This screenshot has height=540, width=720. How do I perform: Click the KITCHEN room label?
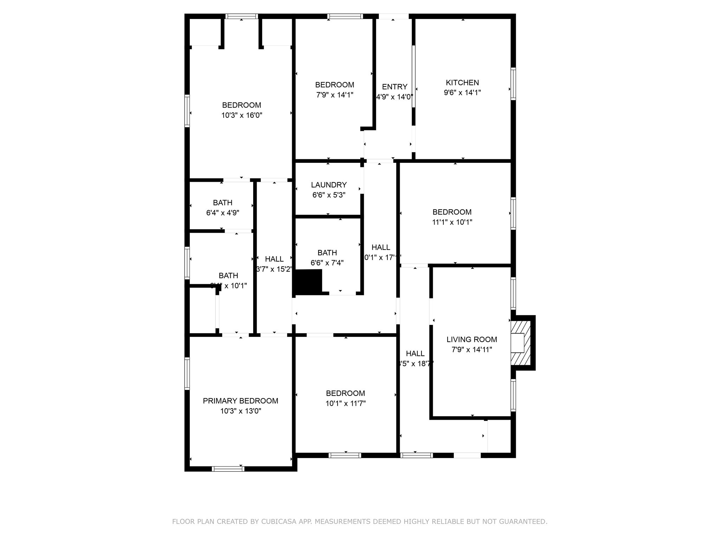(462, 83)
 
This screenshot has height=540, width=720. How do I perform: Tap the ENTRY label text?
(394, 87)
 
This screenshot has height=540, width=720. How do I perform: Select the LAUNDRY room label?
(329, 185)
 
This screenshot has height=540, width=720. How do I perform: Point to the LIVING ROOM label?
(472, 340)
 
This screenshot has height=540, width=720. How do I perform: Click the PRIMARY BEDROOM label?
(240, 401)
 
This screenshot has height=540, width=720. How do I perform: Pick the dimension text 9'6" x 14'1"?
(462, 93)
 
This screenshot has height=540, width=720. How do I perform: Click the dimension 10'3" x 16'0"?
(242, 115)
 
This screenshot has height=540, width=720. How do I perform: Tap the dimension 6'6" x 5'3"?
(329, 195)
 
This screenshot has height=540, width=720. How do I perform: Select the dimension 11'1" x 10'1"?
(452, 222)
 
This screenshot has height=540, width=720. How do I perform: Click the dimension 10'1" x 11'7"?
(346, 404)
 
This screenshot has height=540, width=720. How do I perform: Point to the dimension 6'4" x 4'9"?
(223, 213)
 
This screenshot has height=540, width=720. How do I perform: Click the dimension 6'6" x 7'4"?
(327, 263)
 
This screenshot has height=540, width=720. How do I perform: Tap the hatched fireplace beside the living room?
(522, 343)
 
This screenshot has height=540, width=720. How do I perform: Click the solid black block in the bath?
(309, 281)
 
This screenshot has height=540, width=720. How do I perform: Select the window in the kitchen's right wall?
(513, 84)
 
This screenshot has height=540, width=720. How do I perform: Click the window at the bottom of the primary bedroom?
(228, 469)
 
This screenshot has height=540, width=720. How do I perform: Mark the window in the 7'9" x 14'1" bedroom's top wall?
(345, 16)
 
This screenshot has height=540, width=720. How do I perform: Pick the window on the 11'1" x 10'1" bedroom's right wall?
(513, 214)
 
